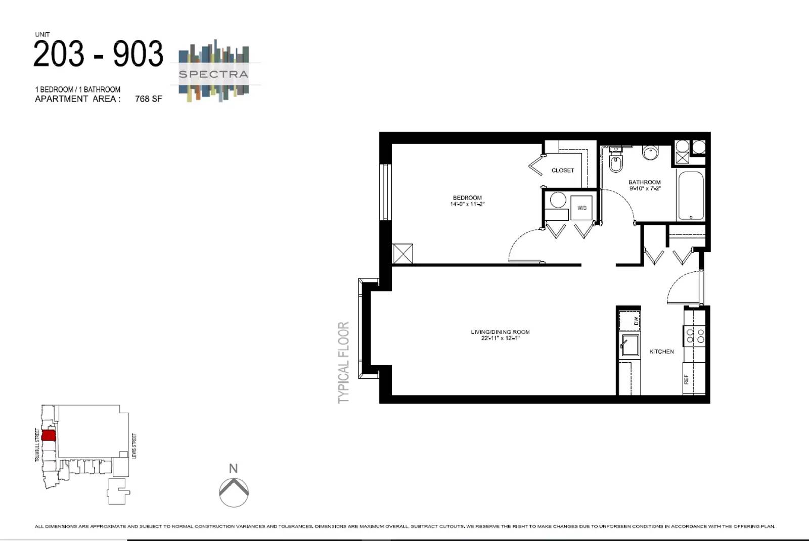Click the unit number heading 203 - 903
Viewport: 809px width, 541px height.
coord(99,54)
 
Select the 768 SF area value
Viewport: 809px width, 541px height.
coord(148,99)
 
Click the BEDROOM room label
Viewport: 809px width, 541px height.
coord(467,198)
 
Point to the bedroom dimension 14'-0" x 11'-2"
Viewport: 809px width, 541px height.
coord(467,204)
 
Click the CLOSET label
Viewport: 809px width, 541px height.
coord(563,170)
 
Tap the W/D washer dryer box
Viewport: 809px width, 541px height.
coord(581,208)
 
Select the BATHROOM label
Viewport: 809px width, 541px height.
coord(644,182)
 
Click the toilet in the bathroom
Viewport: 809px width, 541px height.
coord(615,163)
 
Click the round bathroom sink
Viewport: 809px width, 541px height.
coord(650,152)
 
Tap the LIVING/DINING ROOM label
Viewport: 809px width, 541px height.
coord(500,332)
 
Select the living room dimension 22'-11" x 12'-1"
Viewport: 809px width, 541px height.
coord(500,338)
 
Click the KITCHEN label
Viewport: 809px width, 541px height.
coord(661,352)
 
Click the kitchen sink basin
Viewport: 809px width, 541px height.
coord(631,345)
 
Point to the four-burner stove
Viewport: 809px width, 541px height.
coord(695,336)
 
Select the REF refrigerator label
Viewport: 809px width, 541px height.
coord(686,379)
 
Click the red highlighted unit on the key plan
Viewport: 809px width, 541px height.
coord(49,435)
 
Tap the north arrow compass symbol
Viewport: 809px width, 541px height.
coord(234,491)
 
